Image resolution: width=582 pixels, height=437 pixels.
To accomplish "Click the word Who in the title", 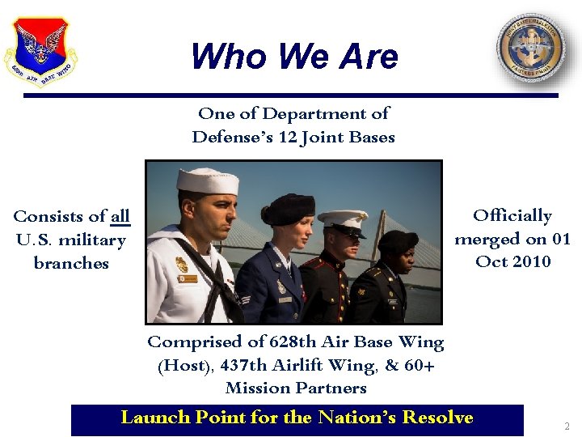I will click(224, 57).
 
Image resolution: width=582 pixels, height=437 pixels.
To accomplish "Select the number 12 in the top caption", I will click(287, 137).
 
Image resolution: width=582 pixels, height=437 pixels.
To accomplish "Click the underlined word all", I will click(120, 216).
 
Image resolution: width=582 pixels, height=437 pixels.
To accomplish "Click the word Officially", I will click(512, 215).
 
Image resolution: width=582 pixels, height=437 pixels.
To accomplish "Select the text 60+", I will click(420, 365).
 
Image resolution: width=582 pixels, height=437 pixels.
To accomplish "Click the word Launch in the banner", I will click(154, 417).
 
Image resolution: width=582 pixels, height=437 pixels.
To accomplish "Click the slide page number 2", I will click(567, 426).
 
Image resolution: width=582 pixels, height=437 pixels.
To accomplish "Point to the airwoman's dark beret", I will click(288, 209).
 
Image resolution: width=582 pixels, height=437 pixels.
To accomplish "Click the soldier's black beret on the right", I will click(398, 241).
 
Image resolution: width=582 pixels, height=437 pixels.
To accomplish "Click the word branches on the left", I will click(71, 263).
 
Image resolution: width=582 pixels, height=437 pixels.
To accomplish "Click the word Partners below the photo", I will click(331, 388).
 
